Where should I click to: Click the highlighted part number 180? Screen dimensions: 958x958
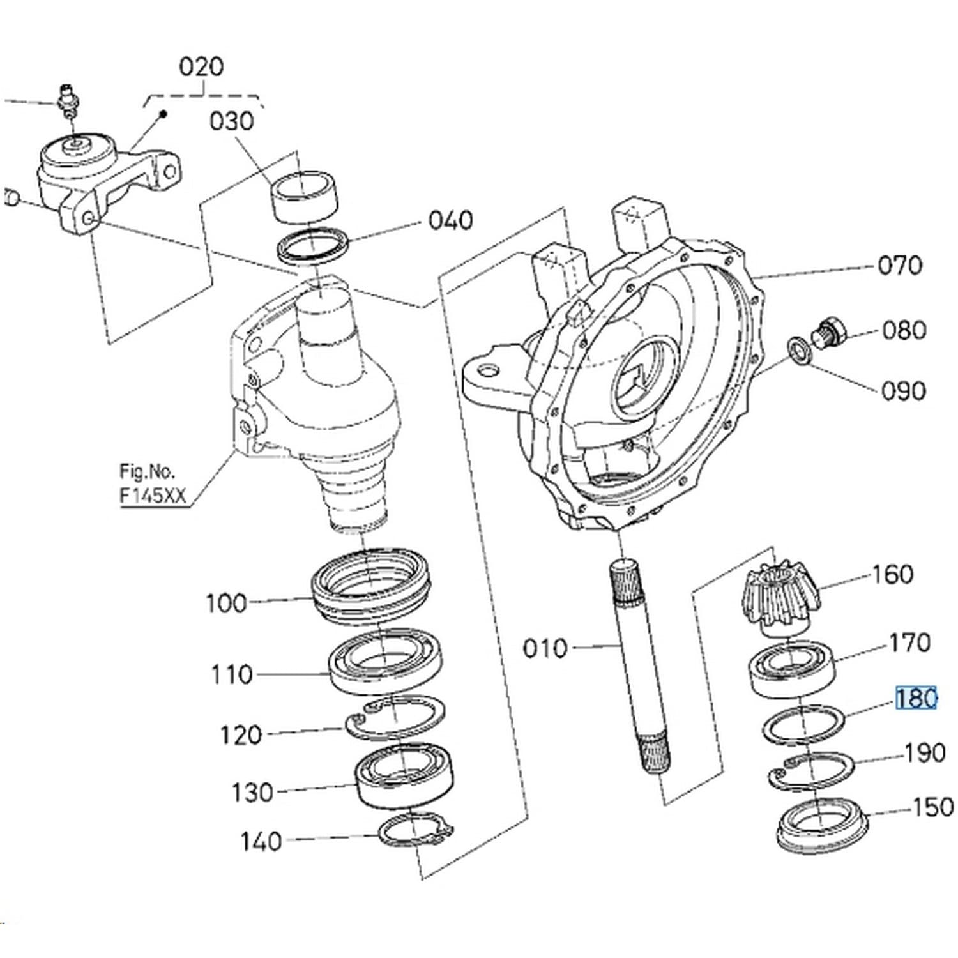tap(916, 699)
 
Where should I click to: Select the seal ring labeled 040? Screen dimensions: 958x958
tap(313, 246)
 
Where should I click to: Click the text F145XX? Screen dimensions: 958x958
tap(153, 496)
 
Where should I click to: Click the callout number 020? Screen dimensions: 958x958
tap(201, 66)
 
